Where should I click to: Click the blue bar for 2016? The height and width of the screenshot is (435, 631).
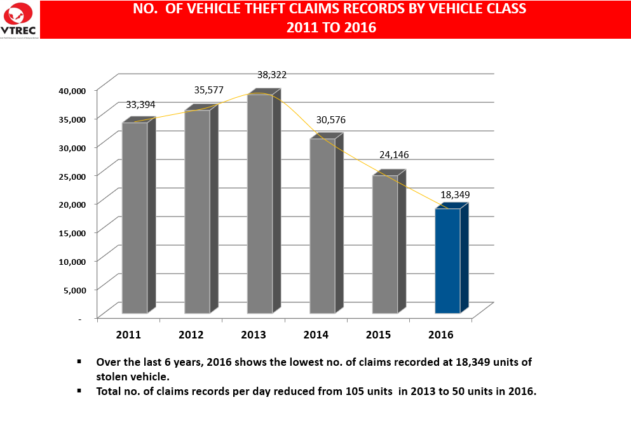pyautogui.click(x=447, y=260)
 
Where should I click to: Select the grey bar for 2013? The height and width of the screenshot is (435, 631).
pyautogui.click(x=260, y=203)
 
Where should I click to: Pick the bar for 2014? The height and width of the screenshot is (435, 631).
pyautogui.click(x=322, y=225)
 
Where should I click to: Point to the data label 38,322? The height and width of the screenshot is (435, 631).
pyautogui.click(x=272, y=75)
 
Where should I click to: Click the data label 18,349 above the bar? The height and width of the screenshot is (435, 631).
pyautogui.click(x=454, y=194)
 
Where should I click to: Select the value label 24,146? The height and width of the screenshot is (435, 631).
pyautogui.click(x=395, y=154)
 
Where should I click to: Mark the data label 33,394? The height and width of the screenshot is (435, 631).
pyautogui.click(x=140, y=105)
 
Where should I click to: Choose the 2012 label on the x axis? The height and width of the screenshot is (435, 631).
pyautogui.click(x=191, y=335)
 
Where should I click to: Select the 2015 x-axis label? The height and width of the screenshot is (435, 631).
pyautogui.click(x=378, y=335)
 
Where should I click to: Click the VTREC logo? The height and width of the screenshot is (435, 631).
pyautogui.click(x=20, y=19)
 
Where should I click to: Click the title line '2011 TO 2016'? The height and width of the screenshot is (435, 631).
pyautogui.click(x=331, y=27)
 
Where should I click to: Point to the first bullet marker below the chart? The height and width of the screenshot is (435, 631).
pyautogui.click(x=79, y=361)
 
